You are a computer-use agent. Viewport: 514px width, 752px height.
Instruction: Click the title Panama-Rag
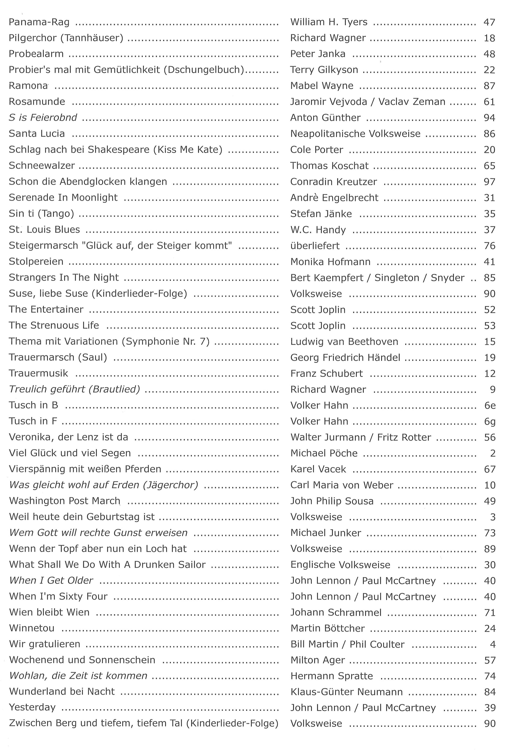tap(39, 22)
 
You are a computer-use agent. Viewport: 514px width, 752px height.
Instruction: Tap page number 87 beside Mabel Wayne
tap(489, 86)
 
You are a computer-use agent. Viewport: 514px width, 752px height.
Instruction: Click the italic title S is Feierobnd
tap(43, 118)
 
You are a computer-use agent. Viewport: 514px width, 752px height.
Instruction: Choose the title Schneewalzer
tap(42, 165)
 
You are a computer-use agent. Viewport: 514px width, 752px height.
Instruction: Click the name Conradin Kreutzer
tap(333, 182)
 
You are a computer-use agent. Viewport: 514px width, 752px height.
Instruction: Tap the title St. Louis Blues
tap(44, 229)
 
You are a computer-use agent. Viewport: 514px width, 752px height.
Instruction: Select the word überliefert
tap(315, 246)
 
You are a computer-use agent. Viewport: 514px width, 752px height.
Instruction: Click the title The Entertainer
tap(46, 309)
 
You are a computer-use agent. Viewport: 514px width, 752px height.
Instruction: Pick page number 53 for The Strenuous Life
tap(489, 325)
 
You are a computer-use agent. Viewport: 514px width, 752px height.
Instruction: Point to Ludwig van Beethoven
tap(344, 341)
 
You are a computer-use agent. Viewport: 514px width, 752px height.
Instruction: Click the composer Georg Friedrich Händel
tap(345, 357)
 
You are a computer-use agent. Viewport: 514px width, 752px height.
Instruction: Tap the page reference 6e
tap(490, 406)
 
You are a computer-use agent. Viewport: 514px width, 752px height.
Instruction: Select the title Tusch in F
tap(33, 421)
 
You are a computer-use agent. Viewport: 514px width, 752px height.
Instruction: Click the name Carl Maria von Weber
tap(342, 485)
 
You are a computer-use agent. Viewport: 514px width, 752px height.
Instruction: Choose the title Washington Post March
tap(65, 501)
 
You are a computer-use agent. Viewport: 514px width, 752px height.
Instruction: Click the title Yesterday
tap(32, 707)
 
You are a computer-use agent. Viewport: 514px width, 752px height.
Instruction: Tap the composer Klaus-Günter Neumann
tap(346, 692)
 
